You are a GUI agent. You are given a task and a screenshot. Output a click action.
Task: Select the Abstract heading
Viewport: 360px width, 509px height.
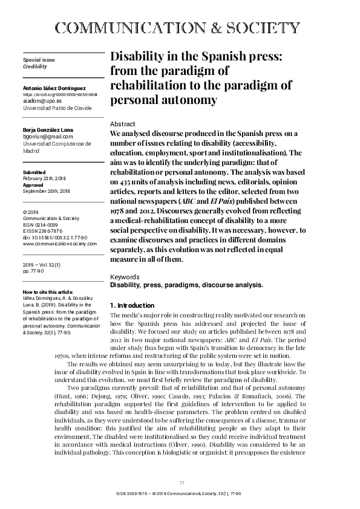[123, 124]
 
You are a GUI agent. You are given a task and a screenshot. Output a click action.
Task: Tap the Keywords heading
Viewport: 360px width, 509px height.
[125, 276]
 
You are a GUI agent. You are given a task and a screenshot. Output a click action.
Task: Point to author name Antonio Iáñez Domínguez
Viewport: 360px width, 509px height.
[56, 88]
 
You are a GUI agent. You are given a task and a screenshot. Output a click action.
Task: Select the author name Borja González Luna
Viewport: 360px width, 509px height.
[47, 130]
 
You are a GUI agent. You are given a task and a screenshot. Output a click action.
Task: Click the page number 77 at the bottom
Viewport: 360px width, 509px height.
[182, 482]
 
